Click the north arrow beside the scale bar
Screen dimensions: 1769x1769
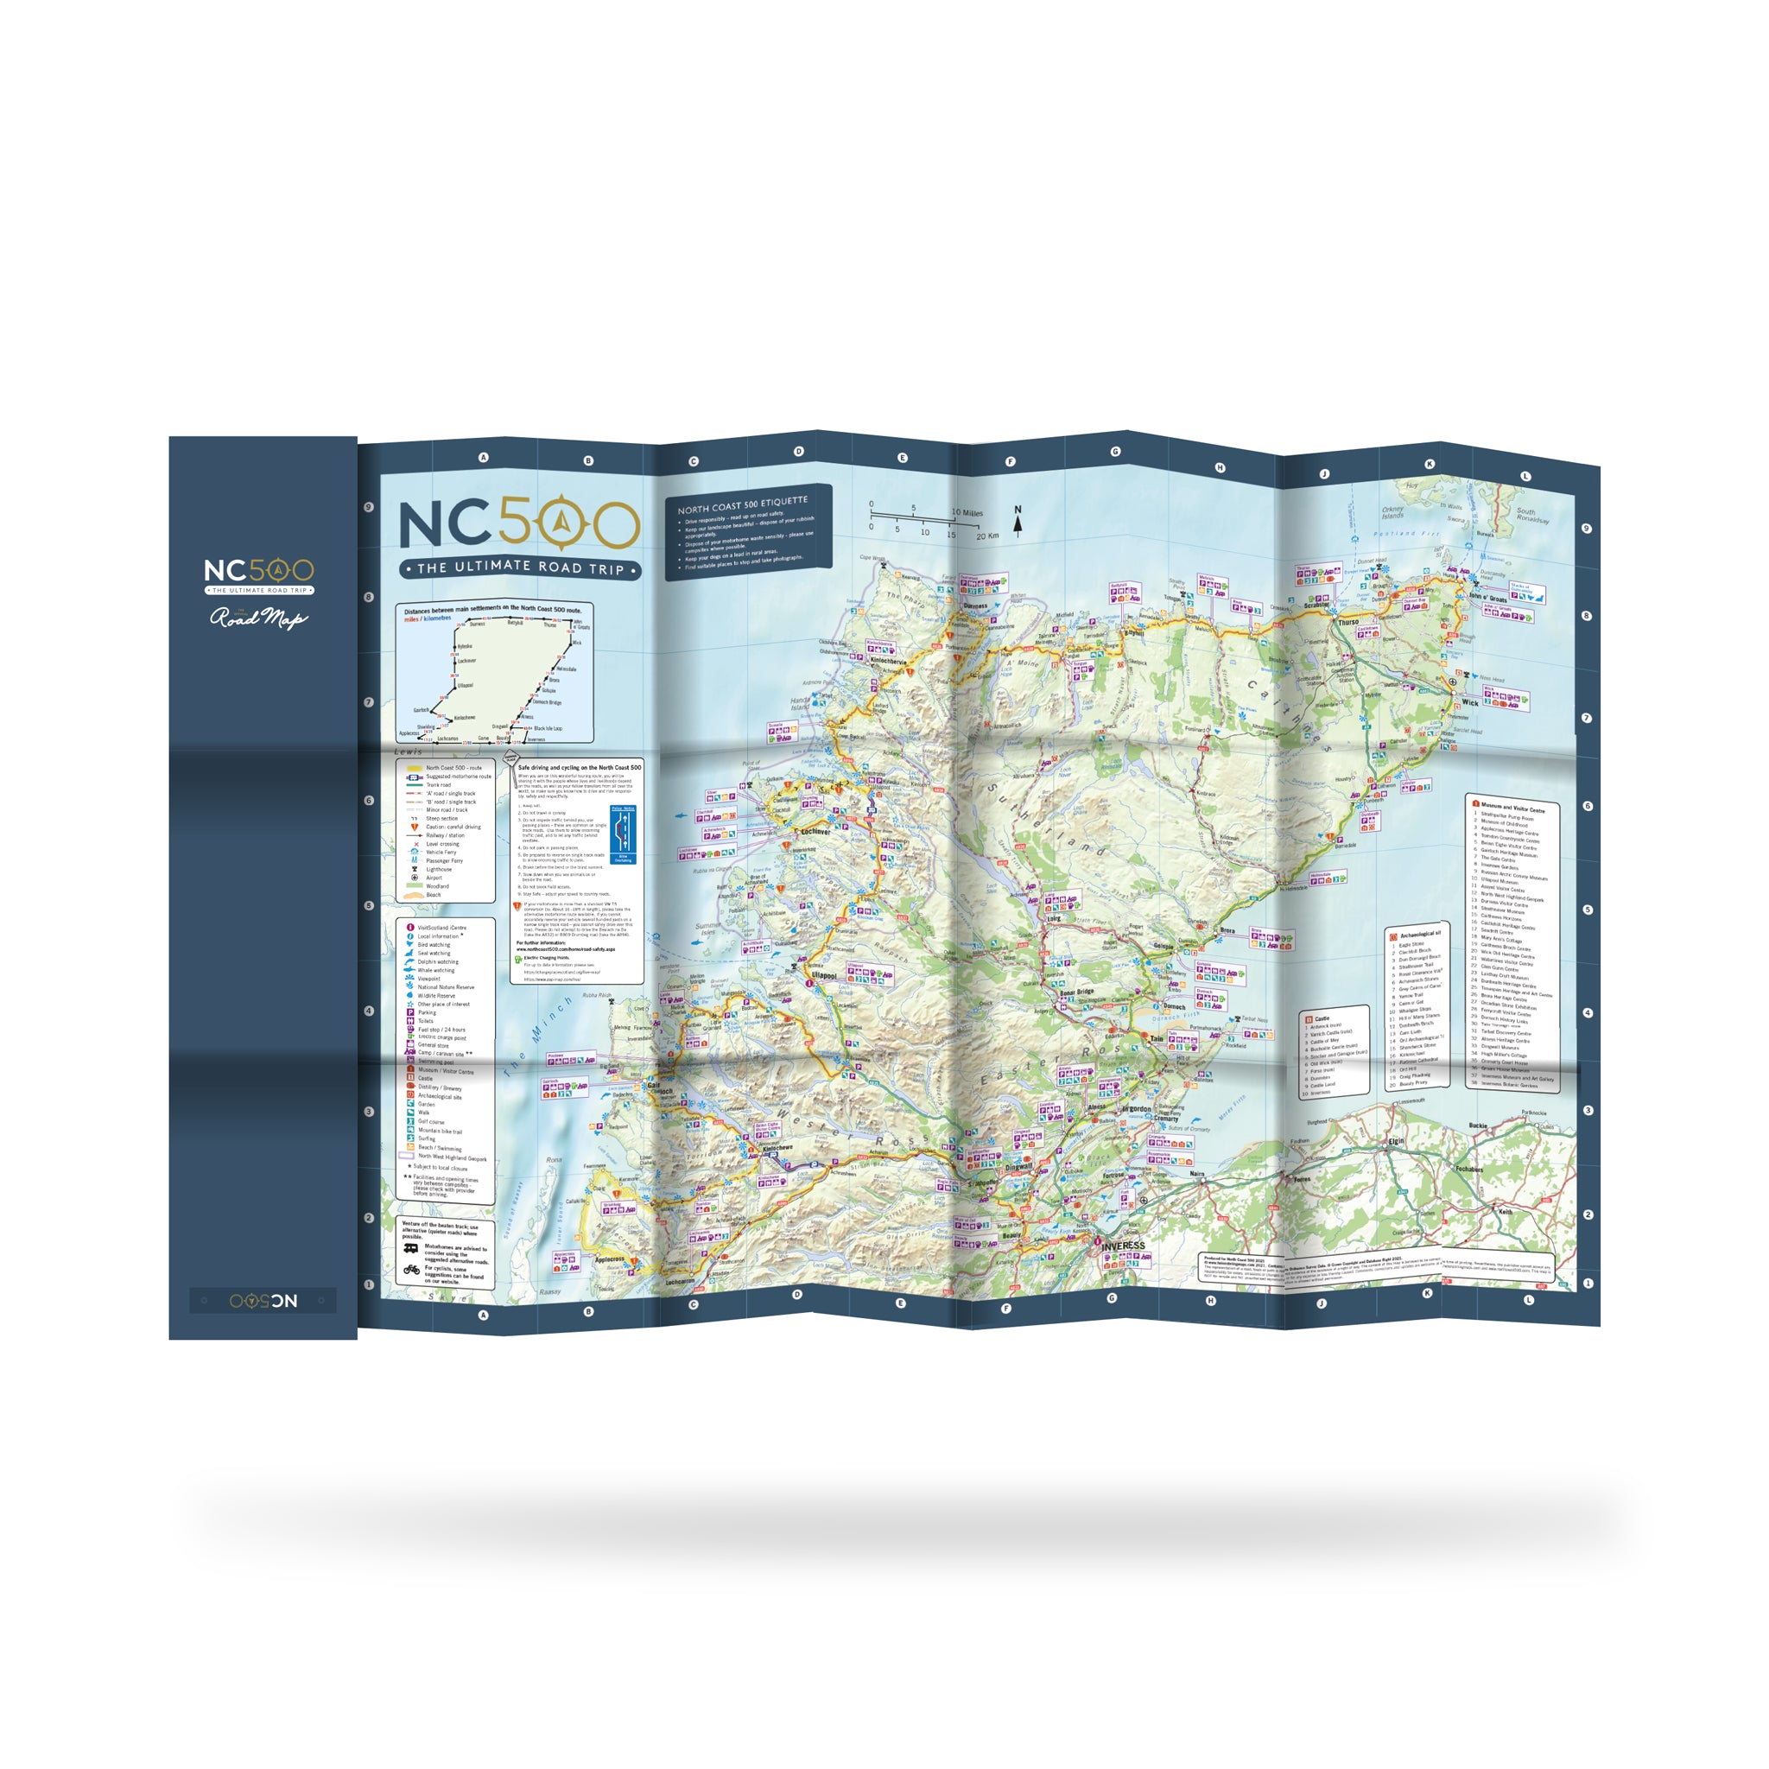tap(1018, 523)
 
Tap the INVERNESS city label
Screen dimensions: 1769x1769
tap(1123, 1246)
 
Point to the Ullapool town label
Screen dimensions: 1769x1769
tap(824, 976)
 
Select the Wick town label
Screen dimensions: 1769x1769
tap(1469, 702)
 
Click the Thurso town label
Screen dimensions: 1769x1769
tap(1348, 622)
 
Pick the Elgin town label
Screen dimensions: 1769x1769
tap(1397, 1142)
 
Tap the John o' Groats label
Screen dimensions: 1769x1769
tap(1488, 598)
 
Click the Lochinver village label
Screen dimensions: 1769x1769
tap(815, 832)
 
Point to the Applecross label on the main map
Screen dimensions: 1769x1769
tap(609, 1260)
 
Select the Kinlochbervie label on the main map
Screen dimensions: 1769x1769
tap(888, 660)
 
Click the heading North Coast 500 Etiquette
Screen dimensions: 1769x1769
tap(743, 504)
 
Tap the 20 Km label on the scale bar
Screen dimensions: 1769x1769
tap(987, 536)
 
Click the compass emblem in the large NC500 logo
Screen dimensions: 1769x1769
tap(563, 524)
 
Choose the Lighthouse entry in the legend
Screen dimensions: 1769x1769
tap(439, 869)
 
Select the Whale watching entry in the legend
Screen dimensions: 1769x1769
tap(435, 970)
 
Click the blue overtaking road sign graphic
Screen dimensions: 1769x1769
tap(623, 834)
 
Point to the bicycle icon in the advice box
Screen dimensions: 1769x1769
tap(412, 1270)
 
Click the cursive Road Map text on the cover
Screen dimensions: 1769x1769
tap(258, 619)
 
